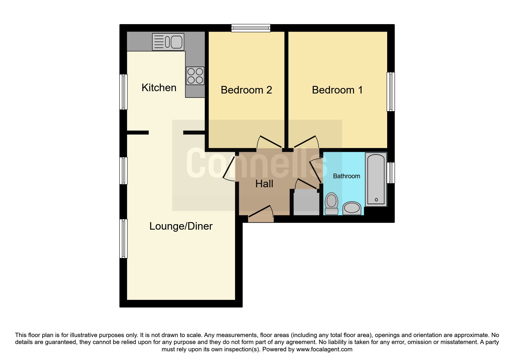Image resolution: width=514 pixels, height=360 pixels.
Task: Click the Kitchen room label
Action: pos(159,88)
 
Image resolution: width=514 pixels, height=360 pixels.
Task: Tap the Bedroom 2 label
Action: pos(246,90)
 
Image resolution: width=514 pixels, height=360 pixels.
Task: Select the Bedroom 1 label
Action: pos(337,90)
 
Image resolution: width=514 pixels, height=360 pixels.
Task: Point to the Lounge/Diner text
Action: pos(181,226)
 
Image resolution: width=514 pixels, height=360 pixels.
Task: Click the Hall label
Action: pos(264,184)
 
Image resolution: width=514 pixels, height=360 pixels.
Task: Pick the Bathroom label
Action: pos(347,176)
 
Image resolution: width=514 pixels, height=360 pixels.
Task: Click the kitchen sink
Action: pos(168,42)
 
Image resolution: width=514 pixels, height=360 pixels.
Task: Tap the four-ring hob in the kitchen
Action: pos(195,76)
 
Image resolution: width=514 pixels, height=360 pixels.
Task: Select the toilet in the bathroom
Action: pos(331,204)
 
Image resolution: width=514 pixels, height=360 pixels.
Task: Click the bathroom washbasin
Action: pos(352,208)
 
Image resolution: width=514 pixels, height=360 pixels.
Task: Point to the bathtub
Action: pos(376,179)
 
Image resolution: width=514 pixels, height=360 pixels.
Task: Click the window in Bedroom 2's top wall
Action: pos(251,28)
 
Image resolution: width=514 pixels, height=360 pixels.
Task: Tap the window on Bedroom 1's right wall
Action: pos(391,92)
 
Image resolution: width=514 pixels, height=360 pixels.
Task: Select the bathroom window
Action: pos(391,173)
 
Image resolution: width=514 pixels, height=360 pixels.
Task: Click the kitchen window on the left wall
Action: pos(124,92)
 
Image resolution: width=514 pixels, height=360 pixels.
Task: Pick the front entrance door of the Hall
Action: pos(261,215)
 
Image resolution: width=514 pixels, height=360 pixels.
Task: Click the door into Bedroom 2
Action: pos(269,142)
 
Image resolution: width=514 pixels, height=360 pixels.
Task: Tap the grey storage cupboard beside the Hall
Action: pos(306,202)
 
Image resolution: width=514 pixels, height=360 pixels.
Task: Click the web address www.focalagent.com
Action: pos(324,349)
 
